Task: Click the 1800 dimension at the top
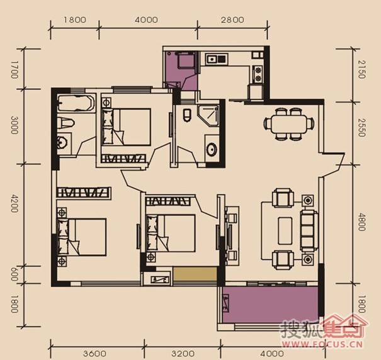coord(74,20)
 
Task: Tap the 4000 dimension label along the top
coord(146,20)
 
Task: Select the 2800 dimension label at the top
coord(232,20)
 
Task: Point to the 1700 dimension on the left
coord(14,70)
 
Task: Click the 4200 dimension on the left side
coord(14,203)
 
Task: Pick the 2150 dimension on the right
coord(361,70)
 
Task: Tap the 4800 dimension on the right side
coord(361,222)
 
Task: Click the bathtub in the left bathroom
coord(76,103)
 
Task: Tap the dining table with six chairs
coord(288,124)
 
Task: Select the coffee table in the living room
coord(285,230)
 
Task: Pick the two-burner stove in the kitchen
coord(258,74)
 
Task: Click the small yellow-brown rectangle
coord(195,274)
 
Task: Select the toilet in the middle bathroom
coord(187,115)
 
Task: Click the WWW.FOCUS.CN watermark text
coord(322,344)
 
